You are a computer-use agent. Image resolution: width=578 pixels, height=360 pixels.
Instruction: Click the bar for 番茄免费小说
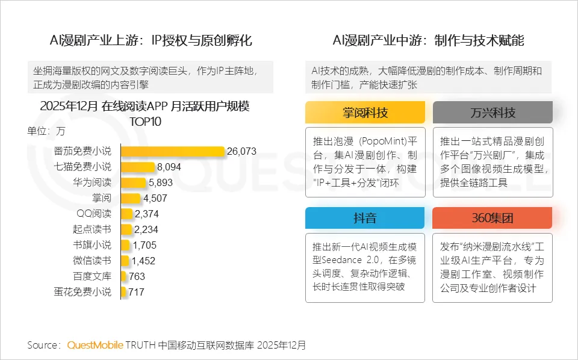173,151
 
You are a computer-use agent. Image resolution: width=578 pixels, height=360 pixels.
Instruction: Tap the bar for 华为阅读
133,182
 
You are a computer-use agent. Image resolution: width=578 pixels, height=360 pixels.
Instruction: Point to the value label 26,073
241,151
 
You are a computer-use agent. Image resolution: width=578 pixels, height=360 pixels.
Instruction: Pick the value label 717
136,292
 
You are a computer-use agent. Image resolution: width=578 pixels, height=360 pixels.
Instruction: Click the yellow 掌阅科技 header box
365,113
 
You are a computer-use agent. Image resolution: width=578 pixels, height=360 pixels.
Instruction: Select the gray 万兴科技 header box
493,113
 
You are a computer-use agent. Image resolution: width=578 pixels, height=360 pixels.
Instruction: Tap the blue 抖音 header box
365,218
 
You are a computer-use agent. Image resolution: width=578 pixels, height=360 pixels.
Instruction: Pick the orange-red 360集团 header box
493,218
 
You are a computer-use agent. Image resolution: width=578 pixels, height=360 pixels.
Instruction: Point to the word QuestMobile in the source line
95,346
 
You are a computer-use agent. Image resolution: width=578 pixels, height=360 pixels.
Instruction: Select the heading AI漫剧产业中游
428,41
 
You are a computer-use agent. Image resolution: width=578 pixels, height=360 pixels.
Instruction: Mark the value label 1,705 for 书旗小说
144,245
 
